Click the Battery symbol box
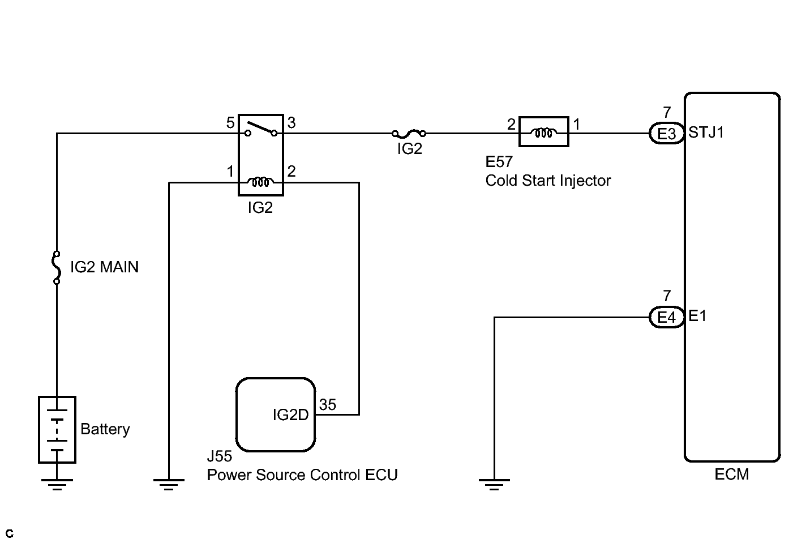[x=57, y=429]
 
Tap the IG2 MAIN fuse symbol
[x=57, y=267]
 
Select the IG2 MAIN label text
[x=104, y=267]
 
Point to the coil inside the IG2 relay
[x=260, y=182]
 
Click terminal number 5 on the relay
[x=230, y=123]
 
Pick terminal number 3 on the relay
[x=291, y=123]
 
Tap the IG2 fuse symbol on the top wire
[x=409, y=134]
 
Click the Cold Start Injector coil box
[x=543, y=132]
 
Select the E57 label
[x=499, y=162]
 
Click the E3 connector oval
[x=667, y=134]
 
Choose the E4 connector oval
[x=667, y=317]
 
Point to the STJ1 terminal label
[x=706, y=132]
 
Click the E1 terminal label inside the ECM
[x=697, y=316]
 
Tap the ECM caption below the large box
[x=731, y=474]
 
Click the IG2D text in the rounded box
[x=290, y=415]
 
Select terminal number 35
[x=328, y=405]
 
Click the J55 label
[x=220, y=456]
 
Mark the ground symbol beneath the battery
[x=57, y=484]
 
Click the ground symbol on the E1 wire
[x=494, y=484]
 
